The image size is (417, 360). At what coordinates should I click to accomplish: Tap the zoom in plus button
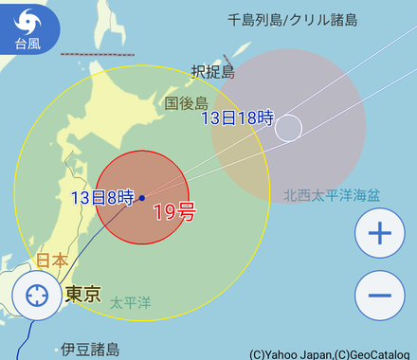(x=379, y=233)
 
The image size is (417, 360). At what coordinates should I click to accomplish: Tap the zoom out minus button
(x=379, y=295)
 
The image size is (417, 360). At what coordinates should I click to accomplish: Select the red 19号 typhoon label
(x=173, y=212)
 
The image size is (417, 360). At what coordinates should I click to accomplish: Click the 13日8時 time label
(x=101, y=199)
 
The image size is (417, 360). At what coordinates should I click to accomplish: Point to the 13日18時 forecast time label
(x=237, y=118)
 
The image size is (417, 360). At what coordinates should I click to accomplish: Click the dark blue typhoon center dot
(x=141, y=198)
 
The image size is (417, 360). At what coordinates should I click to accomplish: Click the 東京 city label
(x=83, y=295)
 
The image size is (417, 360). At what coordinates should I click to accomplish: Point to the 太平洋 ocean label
(x=130, y=303)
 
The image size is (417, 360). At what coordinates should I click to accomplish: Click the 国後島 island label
(x=186, y=102)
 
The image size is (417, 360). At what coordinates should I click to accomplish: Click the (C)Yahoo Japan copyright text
(x=290, y=354)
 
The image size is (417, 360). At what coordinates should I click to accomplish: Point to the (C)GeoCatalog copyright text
(x=375, y=354)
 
